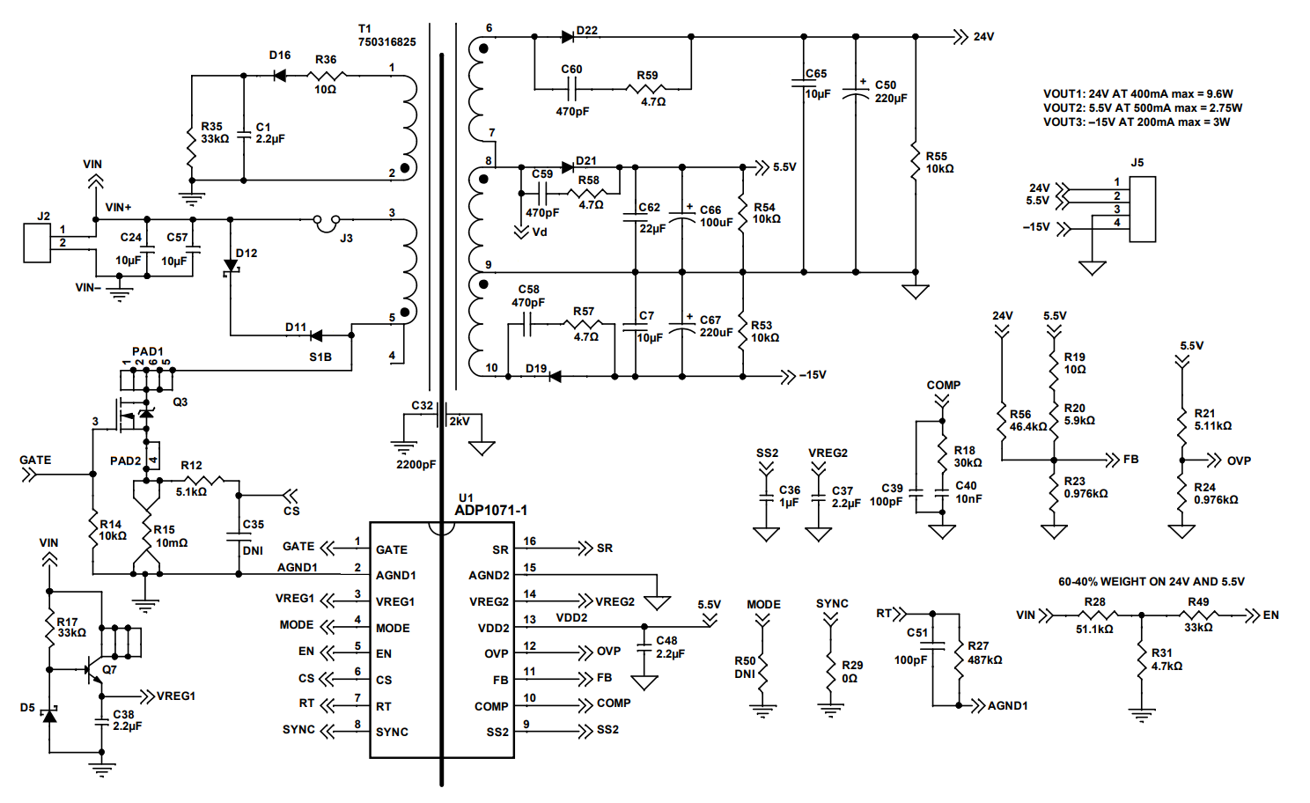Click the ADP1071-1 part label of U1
click(490, 511)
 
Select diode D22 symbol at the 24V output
click(568, 37)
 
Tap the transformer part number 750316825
click(386, 41)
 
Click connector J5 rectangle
click(1142, 210)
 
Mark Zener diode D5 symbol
click(50, 715)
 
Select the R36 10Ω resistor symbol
click(326, 76)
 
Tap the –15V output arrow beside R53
click(788, 377)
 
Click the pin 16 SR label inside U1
click(500, 550)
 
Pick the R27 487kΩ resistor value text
click(984, 659)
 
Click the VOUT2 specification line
click(1142, 107)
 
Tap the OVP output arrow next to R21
click(1214, 460)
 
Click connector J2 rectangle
click(38, 243)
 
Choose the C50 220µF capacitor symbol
click(856, 92)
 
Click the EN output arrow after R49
click(1252, 615)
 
